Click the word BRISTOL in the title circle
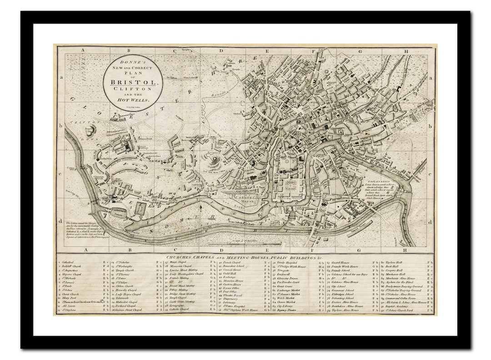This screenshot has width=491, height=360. [x=132, y=82]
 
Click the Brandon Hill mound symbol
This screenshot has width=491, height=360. [x=212, y=160]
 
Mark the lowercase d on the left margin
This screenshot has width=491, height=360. [x=60, y=221]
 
